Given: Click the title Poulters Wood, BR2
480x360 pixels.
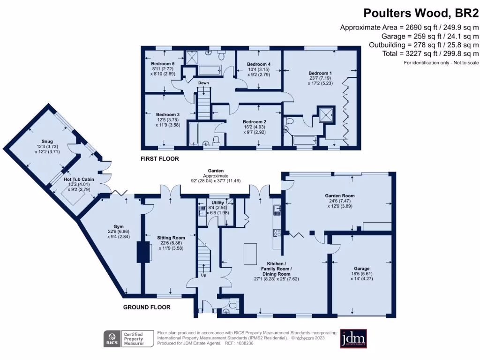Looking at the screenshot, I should (x=421, y=13).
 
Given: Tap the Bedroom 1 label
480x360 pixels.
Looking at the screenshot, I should (x=320, y=73).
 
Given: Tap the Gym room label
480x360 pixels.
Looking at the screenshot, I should (x=112, y=226).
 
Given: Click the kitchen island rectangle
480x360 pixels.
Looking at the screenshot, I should (x=251, y=254).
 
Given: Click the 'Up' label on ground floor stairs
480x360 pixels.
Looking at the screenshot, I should (x=203, y=275).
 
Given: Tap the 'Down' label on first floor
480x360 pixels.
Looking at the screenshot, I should (x=203, y=83).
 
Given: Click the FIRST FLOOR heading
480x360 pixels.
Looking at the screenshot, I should (x=160, y=159).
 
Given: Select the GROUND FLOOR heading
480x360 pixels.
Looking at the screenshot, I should (x=147, y=307).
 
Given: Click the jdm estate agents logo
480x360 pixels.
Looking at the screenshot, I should (x=353, y=338).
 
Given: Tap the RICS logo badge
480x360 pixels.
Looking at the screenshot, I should (x=112, y=338).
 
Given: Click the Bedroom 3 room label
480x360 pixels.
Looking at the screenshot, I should (x=168, y=115).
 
